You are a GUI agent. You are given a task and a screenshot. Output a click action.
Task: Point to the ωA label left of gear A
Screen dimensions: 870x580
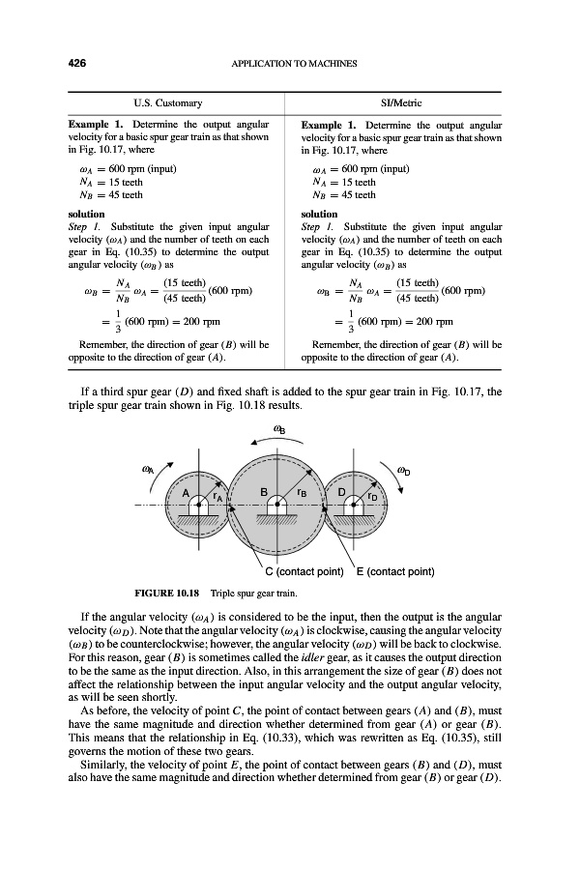click(x=150, y=472)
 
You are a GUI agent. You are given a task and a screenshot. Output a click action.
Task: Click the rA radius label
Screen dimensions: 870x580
click(x=219, y=499)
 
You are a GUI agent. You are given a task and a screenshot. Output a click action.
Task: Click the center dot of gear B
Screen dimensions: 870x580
click(x=275, y=504)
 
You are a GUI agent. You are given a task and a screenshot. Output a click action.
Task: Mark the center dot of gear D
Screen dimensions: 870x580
click(x=354, y=504)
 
